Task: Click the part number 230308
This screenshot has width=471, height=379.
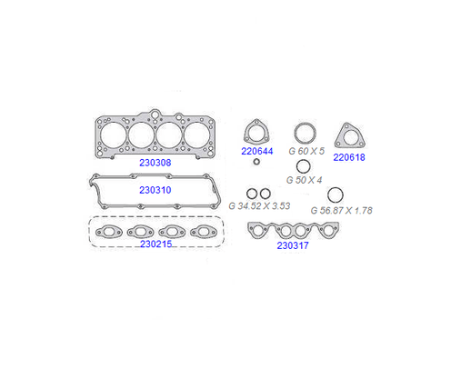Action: click(155, 163)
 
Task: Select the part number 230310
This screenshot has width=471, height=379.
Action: click(155, 190)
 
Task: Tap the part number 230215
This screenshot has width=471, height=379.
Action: click(155, 244)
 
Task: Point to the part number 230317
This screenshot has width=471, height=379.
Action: click(293, 245)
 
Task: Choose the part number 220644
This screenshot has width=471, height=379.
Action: click(257, 151)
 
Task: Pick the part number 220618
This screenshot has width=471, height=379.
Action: click(349, 157)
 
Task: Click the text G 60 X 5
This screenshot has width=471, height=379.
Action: click(306, 151)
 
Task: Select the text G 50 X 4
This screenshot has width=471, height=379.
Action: click(304, 180)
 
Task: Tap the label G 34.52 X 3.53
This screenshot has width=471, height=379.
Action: click(259, 206)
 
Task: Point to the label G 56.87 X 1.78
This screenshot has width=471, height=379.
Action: click(342, 210)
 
